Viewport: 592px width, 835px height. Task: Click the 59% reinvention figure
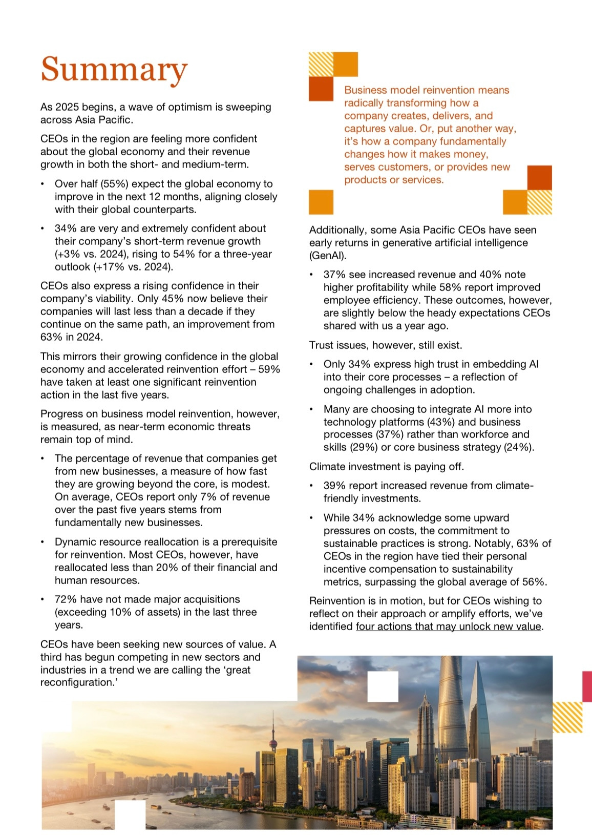coord(269,369)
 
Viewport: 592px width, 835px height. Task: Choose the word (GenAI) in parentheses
coord(328,256)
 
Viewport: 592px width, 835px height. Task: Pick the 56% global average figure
coord(533,582)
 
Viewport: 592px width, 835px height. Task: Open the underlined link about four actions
coord(449,627)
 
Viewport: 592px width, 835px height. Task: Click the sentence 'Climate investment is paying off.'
coord(387,467)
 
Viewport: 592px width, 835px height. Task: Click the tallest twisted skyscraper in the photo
coord(451,717)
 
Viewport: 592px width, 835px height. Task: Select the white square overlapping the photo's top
coord(383,686)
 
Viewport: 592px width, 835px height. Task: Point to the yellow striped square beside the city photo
coord(567,717)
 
